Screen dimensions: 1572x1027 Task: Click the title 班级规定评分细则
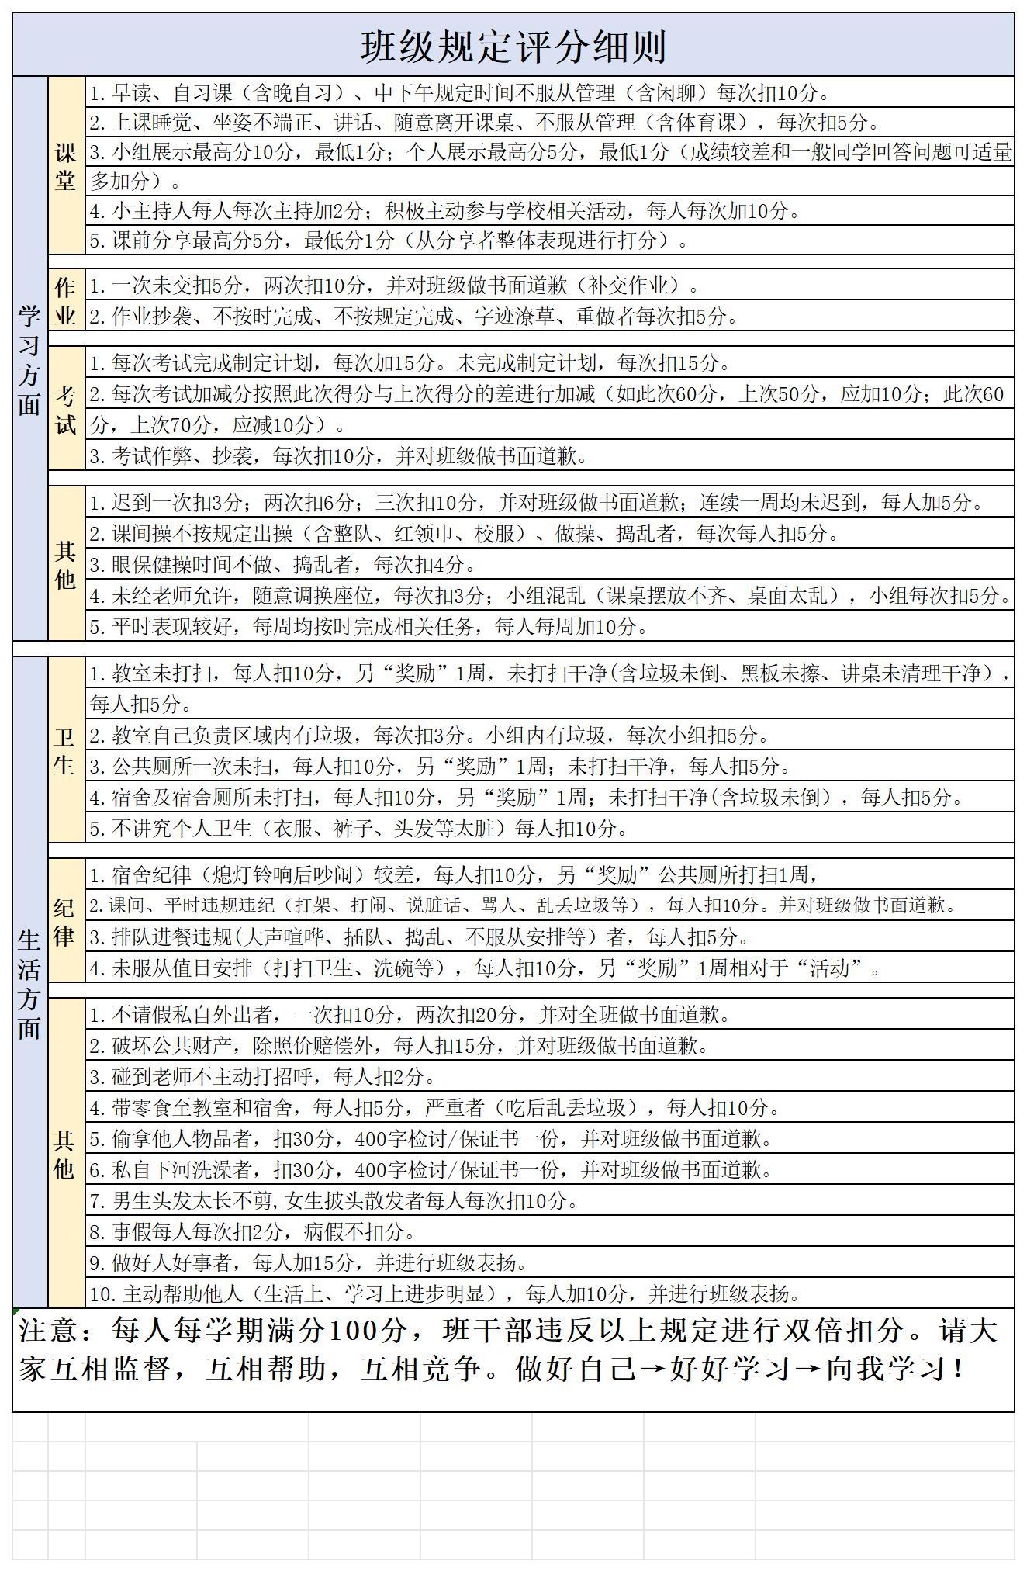click(513, 47)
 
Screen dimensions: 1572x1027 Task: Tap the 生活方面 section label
click(29, 984)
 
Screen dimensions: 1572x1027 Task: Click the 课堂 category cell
click(66, 166)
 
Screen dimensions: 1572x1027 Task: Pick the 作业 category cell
click(66, 300)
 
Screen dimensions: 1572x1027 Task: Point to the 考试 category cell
click(66, 409)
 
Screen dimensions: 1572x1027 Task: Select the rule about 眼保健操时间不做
click(283, 564)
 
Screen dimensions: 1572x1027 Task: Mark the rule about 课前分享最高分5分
click(389, 241)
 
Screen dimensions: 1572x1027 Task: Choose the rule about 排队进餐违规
click(420, 937)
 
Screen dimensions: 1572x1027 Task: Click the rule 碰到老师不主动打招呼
click(263, 1076)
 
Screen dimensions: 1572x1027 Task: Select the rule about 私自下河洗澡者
click(431, 1169)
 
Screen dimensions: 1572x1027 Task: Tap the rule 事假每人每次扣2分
click(253, 1231)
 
